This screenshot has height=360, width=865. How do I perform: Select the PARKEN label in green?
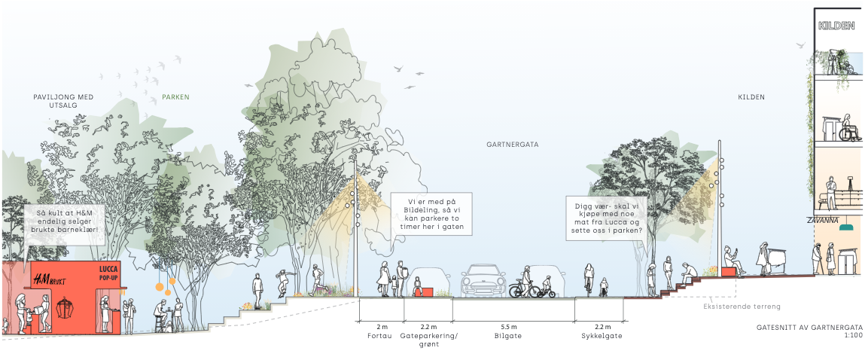tap(175, 97)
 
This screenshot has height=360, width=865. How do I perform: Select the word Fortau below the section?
tap(382, 336)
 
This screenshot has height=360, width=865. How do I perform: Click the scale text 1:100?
tap(853, 335)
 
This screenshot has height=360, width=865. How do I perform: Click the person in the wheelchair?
tap(848, 129)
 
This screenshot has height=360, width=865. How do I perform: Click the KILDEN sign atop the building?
tap(836, 26)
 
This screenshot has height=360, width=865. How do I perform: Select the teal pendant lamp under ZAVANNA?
tap(848, 227)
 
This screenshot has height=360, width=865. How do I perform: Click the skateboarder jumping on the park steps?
tap(283, 284)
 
